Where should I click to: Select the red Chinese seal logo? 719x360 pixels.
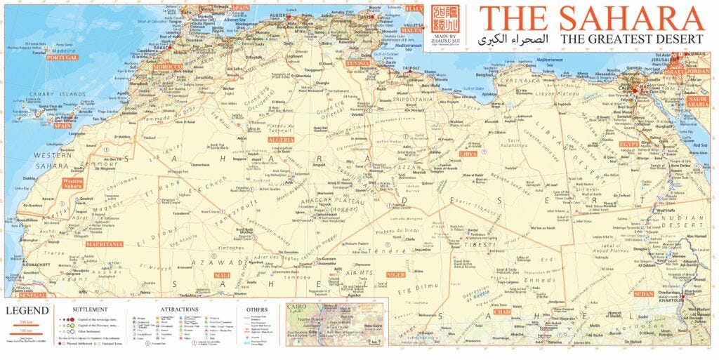[453, 20]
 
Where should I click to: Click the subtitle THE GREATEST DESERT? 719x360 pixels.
[632, 39]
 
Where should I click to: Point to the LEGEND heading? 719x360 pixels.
[27, 310]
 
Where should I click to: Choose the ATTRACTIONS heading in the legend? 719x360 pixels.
[179, 309]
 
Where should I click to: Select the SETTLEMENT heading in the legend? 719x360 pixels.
[90, 309]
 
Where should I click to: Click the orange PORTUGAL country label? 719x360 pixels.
[62, 58]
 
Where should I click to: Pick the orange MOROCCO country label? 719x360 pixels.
[168, 67]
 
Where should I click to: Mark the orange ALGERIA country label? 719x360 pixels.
[281, 140]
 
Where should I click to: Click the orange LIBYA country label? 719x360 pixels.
[468, 153]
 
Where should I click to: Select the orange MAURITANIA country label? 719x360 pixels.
[104, 244]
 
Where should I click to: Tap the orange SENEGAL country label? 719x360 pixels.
[32, 295]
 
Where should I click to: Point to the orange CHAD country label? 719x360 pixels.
[501, 311]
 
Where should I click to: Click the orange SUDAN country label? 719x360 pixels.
[643, 293]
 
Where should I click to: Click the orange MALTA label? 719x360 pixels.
[412, 30]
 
